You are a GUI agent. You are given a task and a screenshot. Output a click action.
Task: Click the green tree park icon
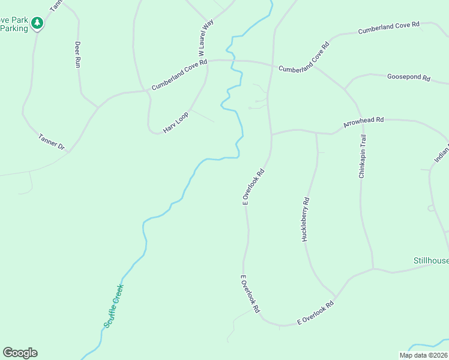(x=38, y=23)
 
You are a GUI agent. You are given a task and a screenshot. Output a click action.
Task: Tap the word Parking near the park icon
(x=14, y=28)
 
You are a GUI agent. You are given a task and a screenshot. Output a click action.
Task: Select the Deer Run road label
(x=77, y=54)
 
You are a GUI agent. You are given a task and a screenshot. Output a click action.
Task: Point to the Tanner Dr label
(x=51, y=141)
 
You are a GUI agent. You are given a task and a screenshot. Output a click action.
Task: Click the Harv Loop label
(x=176, y=122)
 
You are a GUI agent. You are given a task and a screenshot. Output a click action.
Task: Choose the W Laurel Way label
(x=206, y=37)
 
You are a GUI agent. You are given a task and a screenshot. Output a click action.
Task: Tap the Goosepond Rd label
(x=409, y=77)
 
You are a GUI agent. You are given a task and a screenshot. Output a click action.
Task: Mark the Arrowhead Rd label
(x=363, y=122)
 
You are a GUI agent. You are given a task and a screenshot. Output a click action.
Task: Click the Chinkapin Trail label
(x=362, y=156)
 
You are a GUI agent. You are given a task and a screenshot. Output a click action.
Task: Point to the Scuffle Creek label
(x=113, y=305)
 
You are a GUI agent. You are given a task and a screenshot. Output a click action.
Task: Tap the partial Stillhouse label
(x=431, y=260)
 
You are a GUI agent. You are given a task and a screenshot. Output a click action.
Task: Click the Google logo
(x=20, y=353)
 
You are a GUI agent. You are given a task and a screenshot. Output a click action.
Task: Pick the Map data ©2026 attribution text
(x=424, y=355)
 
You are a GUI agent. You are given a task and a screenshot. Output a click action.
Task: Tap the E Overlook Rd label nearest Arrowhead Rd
(x=253, y=187)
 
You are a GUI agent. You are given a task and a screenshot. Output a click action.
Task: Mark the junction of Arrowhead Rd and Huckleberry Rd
(x=316, y=133)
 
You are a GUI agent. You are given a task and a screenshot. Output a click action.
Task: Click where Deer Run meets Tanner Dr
(x=97, y=108)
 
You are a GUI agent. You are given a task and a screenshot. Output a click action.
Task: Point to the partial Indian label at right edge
(x=442, y=154)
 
